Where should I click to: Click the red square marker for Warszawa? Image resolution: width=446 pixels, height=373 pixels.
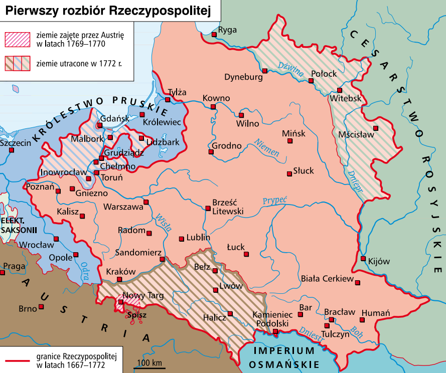point(146,202)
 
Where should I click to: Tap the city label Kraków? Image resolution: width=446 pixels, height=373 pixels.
point(121,271)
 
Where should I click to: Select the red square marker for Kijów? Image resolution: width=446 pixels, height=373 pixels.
point(363,259)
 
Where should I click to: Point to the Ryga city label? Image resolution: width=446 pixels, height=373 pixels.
point(228,30)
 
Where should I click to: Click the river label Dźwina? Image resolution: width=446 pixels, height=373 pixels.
point(291,69)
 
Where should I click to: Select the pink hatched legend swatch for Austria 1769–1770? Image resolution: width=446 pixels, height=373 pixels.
point(18,38)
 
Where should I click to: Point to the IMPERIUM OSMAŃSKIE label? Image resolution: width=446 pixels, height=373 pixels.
point(284,357)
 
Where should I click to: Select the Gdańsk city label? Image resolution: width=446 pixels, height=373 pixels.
point(111,119)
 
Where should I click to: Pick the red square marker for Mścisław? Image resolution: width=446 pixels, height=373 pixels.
point(375,128)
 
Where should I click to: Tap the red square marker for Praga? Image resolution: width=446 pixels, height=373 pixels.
point(3,273)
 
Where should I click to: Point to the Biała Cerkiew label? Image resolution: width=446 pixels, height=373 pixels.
point(328,279)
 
